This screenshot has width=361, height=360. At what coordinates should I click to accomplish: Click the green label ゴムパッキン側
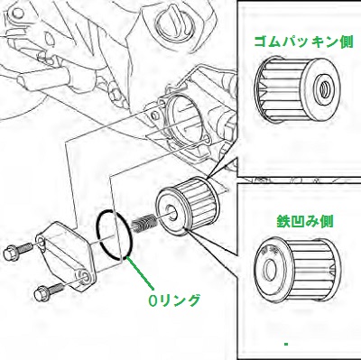tap(303, 42)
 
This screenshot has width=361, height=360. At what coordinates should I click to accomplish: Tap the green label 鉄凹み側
tap(304, 222)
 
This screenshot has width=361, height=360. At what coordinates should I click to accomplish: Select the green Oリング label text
tap(174, 300)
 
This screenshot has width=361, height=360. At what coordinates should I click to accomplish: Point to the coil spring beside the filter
tap(143, 224)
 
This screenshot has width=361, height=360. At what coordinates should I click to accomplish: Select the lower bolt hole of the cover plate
tap(83, 276)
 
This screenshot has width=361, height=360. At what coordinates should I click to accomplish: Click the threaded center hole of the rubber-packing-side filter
tap(324, 89)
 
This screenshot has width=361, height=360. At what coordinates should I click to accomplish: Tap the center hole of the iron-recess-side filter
tap(269, 266)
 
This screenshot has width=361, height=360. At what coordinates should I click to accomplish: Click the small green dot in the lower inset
tap(286, 344)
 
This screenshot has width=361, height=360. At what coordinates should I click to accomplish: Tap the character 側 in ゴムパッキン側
tap(346, 42)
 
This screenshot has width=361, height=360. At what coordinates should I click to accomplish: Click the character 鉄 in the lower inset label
tap(283, 222)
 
